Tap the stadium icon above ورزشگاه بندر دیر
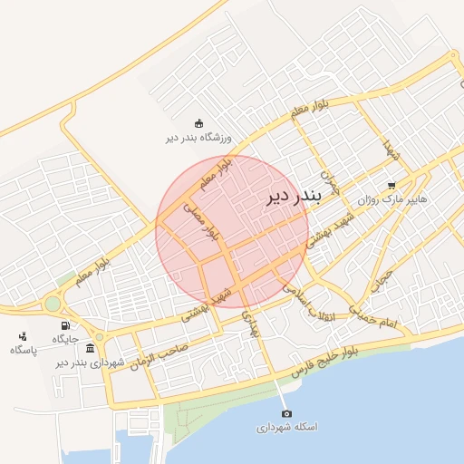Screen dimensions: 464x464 (x=199, y=124)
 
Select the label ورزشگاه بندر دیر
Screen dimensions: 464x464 (x=198, y=139)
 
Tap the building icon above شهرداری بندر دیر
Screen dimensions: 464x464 (x=89, y=348)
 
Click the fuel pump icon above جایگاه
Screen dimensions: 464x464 (x=65, y=325)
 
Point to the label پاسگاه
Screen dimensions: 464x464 (x=24, y=349)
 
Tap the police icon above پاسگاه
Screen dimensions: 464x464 (x=23, y=335)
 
